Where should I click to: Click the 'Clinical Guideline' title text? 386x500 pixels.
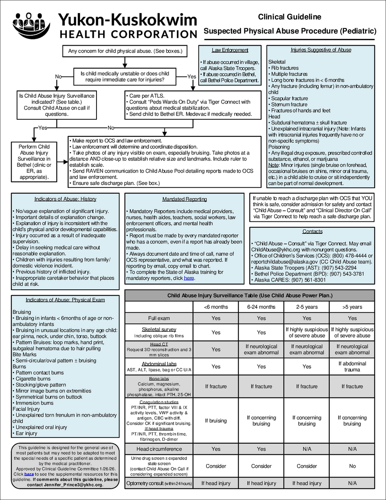pyautogui.click(x=289, y=17)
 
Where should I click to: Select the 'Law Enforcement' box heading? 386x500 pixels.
pyautogui.click(x=230, y=50)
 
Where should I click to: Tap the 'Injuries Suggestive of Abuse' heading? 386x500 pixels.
pyautogui.click(x=321, y=50)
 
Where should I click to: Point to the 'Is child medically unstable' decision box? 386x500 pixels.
pyautogui.click(x=125, y=77)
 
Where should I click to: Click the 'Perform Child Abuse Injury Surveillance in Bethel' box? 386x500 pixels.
pyautogui.click(x=34, y=162)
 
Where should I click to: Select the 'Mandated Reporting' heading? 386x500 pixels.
pyautogui.click(x=185, y=199)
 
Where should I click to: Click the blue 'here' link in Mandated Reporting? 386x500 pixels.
pyautogui.click(x=189, y=278)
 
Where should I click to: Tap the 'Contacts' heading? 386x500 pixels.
pyautogui.click(x=312, y=231)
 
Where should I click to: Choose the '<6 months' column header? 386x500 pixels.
pyautogui.click(x=216, y=307)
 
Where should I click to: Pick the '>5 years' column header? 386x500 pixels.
pyautogui.click(x=352, y=307)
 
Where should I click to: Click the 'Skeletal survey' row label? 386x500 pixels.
pyautogui.click(x=159, y=330)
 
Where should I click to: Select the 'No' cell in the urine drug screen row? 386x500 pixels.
pyautogui.click(x=352, y=466)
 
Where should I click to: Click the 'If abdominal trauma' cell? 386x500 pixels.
pyautogui.click(x=352, y=366)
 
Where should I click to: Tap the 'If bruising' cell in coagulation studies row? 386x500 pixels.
pyautogui.click(x=216, y=420)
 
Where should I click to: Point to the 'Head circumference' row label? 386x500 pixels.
pyautogui.click(x=159, y=449)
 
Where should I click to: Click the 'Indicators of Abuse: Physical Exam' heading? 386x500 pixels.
pyautogui.click(x=65, y=300)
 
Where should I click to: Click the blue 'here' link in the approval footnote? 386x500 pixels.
pyautogui.click(x=29, y=474)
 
